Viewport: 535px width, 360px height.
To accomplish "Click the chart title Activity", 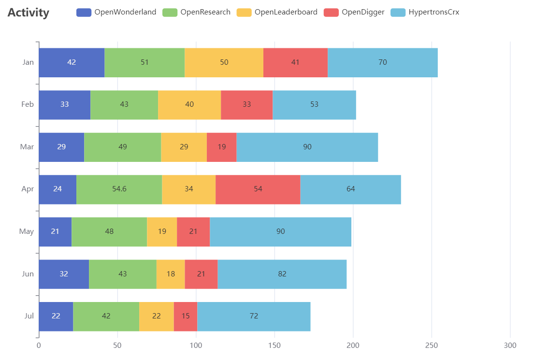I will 29,13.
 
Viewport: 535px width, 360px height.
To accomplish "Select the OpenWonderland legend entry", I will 116,12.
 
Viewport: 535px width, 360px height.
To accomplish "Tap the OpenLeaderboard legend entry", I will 277,12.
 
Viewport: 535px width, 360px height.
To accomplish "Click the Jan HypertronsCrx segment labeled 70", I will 382,62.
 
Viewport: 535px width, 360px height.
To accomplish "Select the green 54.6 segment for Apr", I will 119,189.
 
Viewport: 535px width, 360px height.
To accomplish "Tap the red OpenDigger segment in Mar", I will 221,147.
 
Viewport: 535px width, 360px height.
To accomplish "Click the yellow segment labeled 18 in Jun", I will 171,274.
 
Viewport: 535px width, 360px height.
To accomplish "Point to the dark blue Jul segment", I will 56,316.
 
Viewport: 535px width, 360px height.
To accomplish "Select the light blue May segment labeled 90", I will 280,231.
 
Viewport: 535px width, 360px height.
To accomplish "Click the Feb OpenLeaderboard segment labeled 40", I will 189,104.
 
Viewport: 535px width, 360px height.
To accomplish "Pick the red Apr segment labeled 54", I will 258,189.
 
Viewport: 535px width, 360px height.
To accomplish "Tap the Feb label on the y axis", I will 28,104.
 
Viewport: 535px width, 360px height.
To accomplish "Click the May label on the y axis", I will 27,231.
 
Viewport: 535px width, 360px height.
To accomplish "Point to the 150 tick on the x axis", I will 275,346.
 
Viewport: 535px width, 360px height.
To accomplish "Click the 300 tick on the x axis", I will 510,346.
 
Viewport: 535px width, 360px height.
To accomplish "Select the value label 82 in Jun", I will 282,274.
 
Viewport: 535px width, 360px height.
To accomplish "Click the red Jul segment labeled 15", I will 186,316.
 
